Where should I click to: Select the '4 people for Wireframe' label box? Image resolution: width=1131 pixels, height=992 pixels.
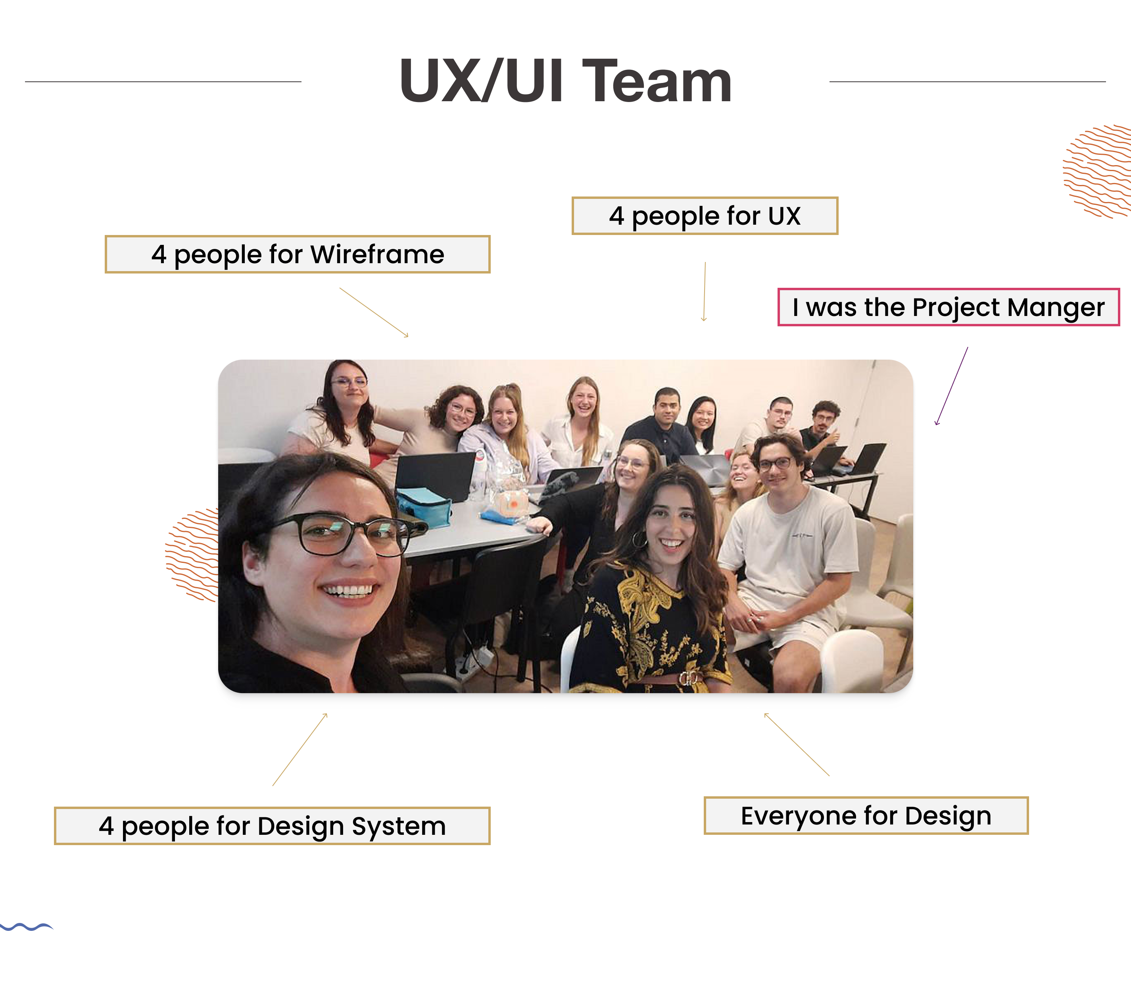click(297, 254)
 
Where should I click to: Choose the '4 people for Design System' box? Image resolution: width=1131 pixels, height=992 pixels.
click(272, 826)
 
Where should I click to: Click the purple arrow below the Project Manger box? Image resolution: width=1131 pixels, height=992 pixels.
click(952, 386)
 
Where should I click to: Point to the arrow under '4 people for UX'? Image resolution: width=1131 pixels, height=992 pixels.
click(705, 292)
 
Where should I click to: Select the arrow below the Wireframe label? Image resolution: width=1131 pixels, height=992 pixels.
click(374, 312)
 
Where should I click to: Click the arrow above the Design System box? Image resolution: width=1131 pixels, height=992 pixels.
click(300, 749)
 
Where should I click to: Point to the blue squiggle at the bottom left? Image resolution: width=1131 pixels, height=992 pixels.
click(26, 927)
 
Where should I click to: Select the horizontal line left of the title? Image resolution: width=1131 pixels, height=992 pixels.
click(163, 82)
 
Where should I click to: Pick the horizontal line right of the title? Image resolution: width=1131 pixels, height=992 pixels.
click(967, 82)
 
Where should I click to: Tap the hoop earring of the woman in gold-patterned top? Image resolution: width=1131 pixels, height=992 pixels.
click(639, 540)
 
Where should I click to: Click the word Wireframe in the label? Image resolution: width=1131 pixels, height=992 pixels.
click(377, 254)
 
